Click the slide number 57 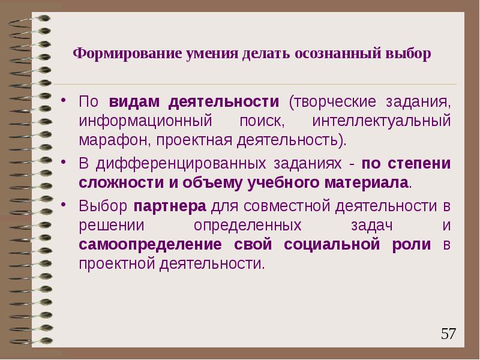point(448,334)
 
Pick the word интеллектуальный point(381,121)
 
